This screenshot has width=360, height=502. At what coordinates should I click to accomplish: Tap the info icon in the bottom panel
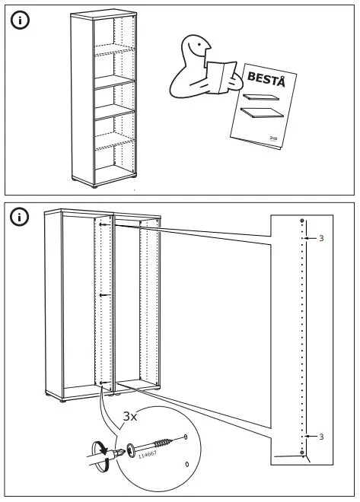click(20, 219)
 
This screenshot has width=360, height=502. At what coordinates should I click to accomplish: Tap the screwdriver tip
click(119, 456)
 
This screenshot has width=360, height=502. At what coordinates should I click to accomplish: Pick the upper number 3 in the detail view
click(321, 239)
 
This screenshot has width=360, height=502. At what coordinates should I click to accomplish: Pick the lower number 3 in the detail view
click(321, 436)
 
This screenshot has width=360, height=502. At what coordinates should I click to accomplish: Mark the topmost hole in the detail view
click(303, 221)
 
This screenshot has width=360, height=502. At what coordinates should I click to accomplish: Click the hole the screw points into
click(186, 437)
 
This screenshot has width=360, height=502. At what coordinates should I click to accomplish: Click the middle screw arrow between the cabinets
click(104, 294)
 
